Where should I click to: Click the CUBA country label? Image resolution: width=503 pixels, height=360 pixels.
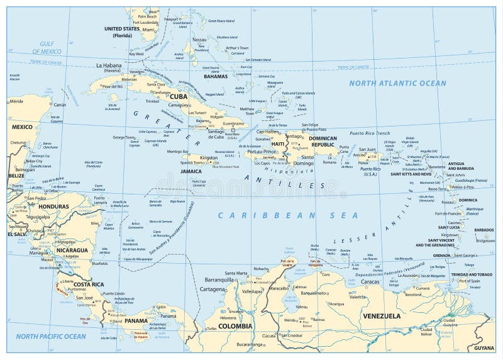point(179,96)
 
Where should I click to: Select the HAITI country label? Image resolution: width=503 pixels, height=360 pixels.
point(278,143)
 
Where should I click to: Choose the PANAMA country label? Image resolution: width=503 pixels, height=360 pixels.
point(136,320)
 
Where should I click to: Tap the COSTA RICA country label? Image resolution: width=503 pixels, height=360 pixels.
point(88,284)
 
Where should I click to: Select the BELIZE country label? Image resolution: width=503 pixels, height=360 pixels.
point(16,176)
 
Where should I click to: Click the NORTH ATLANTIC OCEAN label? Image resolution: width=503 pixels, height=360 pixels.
point(397,83)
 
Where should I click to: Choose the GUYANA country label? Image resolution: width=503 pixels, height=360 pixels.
point(484,348)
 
